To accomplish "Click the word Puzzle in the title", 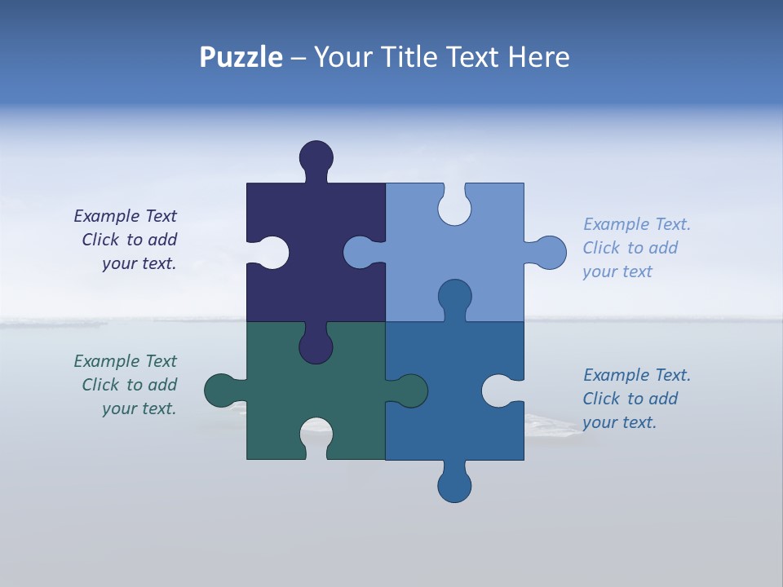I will click(x=241, y=58).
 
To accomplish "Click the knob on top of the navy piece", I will click(x=316, y=157).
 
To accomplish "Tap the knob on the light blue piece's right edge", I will click(x=550, y=252).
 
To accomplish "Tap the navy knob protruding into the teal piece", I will click(x=316, y=346).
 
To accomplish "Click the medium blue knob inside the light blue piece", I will click(x=454, y=297).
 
